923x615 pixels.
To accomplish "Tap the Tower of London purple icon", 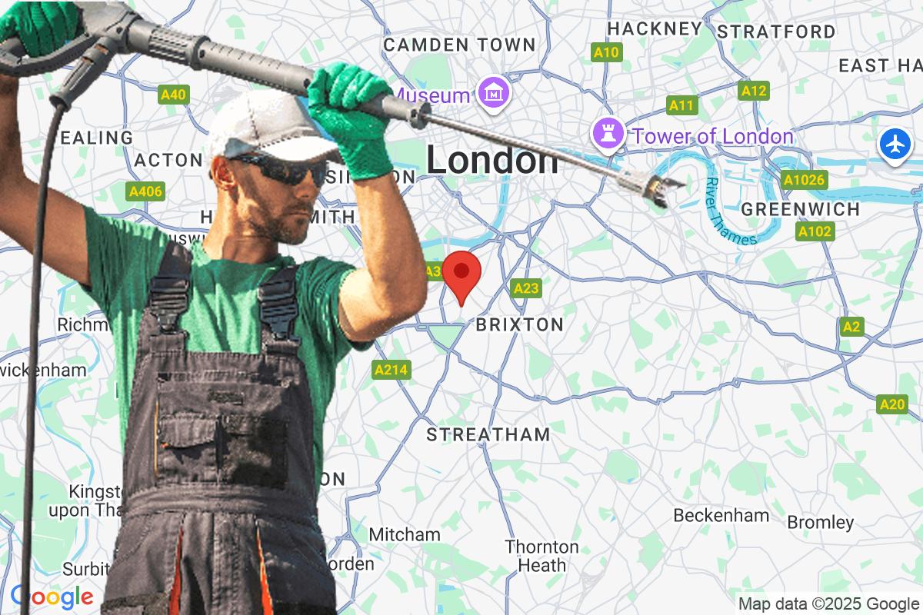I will click(606, 135).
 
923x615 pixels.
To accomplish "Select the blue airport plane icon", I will click(896, 144).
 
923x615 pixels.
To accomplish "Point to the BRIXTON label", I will click(519, 324).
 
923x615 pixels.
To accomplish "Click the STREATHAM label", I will click(488, 434).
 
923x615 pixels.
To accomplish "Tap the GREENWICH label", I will click(800, 209).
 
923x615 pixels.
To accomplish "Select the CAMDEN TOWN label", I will click(458, 45).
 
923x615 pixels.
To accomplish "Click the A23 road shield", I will click(525, 288).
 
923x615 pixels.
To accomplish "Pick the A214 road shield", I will click(391, 370).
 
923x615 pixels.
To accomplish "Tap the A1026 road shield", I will click(804, 180).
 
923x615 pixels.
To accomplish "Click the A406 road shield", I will click(145, 191).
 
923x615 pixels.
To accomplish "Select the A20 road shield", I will click(892, 404).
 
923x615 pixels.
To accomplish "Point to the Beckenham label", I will click(721, 515).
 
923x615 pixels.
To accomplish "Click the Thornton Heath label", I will click(541, 556).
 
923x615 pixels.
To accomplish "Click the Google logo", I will click(52, 597).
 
